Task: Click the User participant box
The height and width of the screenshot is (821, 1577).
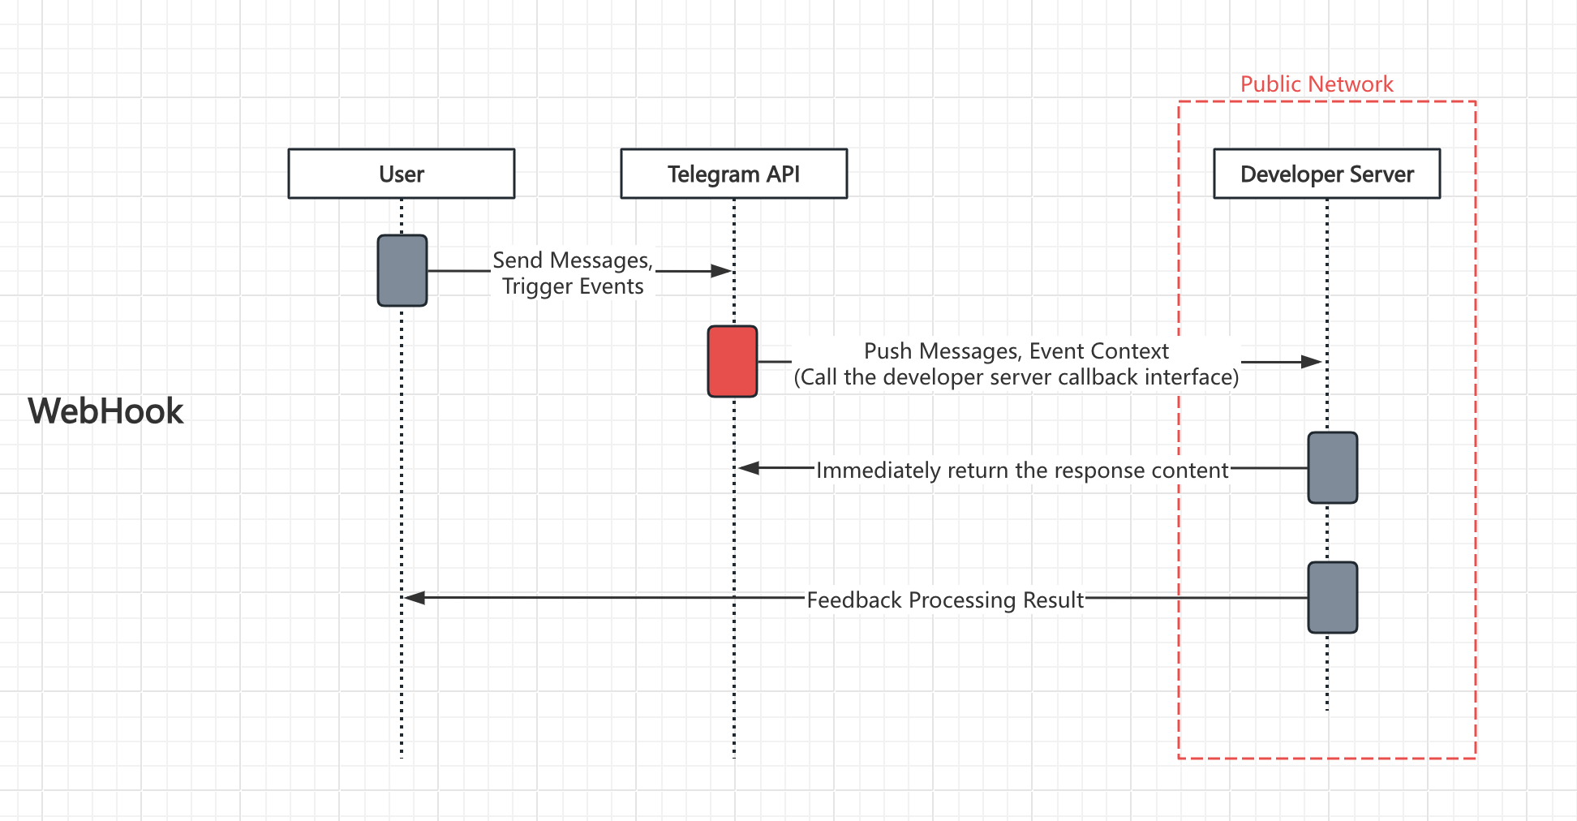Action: coord(402,174)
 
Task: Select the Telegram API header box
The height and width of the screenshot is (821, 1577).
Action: coord(733,174)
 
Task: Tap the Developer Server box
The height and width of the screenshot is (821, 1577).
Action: coord(1326,174)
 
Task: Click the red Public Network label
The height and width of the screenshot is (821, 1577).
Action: coord(1316,84)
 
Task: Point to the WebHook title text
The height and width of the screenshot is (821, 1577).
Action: coord(105,411)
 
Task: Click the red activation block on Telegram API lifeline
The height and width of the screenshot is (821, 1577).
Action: coord(732,362)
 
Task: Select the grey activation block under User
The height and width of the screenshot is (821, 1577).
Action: coord(402,271)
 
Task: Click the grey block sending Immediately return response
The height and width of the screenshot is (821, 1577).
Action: coord(1332,468)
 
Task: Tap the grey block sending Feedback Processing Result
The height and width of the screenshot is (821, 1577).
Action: coord(1332,598)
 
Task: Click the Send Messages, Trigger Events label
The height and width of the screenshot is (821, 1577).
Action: coord(573,273)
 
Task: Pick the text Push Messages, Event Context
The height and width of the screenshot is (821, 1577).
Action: coord(1016,351)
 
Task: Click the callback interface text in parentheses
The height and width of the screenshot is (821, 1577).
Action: coord(1016,377)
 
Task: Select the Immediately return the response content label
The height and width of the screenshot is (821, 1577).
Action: coord(1022,471)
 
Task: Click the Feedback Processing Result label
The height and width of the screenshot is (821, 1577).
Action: coord(945,600)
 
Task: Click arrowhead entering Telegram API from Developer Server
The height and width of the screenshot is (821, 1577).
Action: coord(749,468)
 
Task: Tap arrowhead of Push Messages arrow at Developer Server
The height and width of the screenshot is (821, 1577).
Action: coord(1311,362)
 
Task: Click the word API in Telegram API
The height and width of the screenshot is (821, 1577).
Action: coord(784,174)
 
